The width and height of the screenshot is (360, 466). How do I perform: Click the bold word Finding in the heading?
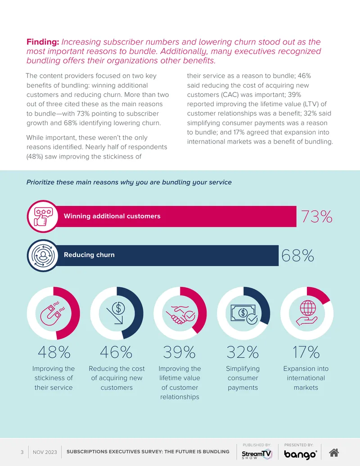[43, 42]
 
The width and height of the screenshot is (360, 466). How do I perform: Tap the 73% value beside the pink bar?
[317, 217]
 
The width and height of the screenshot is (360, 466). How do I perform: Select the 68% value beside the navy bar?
[297, 256]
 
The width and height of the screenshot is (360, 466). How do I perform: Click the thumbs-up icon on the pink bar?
[43, 217]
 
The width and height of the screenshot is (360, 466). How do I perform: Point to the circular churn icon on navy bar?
[43, 256]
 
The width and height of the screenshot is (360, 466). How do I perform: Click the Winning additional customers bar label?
[112, 216]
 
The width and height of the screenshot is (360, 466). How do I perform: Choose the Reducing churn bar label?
[89, 255]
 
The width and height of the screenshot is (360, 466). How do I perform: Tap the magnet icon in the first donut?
[53, 313]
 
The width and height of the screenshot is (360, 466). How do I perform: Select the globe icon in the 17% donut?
[307, 312]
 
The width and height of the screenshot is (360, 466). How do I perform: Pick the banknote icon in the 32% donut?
[244, 314]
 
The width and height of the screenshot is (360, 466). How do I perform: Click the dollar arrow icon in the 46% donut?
[116, 313]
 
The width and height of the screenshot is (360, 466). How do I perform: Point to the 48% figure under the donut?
[54, 352]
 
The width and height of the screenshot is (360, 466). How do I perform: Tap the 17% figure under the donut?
[306, 352]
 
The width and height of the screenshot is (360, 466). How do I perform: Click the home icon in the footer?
[334, 452]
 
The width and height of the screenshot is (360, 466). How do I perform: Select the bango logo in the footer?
[300, 454]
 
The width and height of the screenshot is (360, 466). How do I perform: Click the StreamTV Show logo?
[256, 454]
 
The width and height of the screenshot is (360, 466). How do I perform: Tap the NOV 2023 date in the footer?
[45, 452]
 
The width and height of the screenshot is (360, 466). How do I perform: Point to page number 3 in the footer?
[22, 452]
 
